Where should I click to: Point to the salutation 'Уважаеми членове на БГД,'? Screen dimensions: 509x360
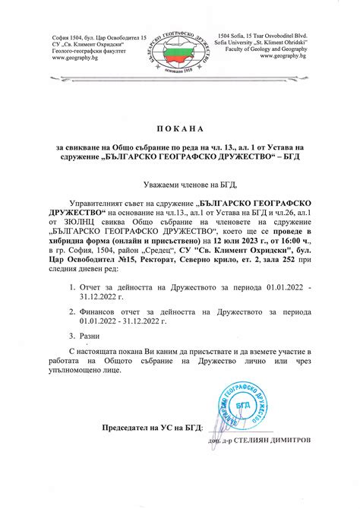(x=181, y=185)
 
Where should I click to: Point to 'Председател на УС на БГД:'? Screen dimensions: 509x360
(x=142, y=428)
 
